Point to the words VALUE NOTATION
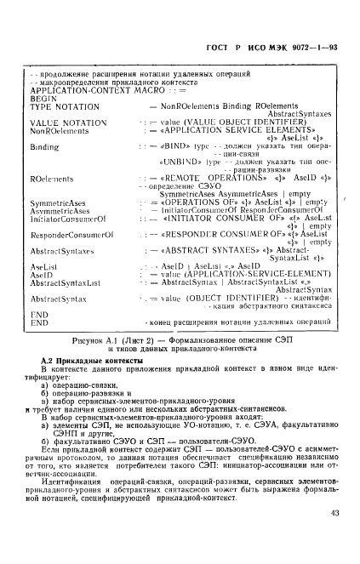coord(68,123)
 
